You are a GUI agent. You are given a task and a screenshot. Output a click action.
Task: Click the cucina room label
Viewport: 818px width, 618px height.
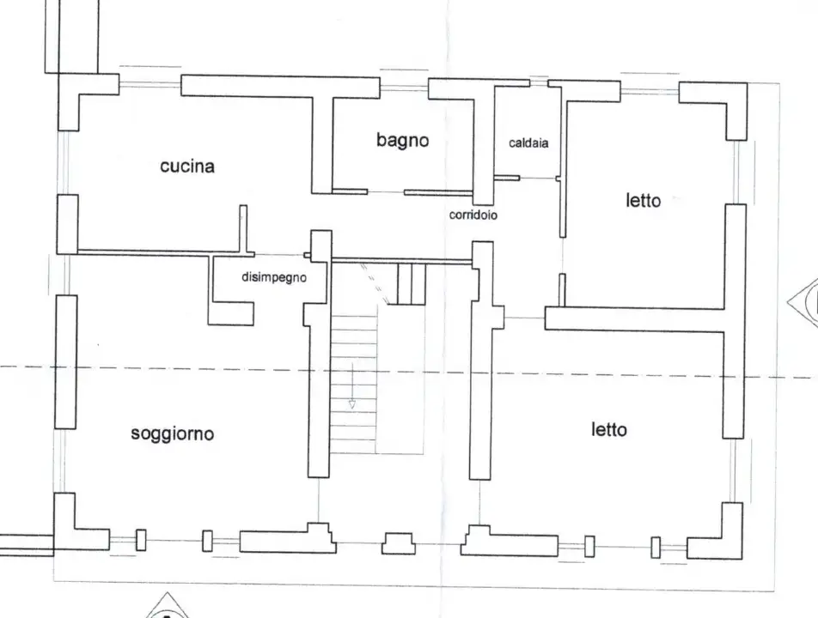[187, 167]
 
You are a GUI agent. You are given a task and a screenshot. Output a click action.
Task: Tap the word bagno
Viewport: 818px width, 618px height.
[402, 140]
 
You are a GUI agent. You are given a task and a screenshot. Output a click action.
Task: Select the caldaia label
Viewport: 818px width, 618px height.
[528, 143]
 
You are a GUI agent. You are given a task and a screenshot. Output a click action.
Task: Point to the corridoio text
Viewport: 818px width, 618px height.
[473, 215]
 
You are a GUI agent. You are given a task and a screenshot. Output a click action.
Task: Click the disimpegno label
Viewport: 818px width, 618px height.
[273, 277]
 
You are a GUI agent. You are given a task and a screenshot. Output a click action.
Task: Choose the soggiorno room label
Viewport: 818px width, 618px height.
[173, 433]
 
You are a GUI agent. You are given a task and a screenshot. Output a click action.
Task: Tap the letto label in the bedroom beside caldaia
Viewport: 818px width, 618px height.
[643, 201]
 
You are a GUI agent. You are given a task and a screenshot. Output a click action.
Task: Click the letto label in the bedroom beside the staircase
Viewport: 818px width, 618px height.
[608, 429]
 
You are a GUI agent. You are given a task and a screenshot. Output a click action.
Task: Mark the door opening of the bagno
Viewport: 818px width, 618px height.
[386, 191]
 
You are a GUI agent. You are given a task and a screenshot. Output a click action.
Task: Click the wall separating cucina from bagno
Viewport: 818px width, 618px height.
[321, 144]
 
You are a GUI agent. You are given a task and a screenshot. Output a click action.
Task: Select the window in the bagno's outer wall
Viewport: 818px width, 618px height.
[404, 88]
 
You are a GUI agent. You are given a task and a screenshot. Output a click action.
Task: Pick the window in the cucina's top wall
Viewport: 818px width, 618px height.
[150, 85]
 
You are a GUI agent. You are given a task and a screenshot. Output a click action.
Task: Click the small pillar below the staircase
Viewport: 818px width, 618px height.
[399, 543]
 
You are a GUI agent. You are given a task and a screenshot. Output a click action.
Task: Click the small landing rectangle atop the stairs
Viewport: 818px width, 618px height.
[411, 284]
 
